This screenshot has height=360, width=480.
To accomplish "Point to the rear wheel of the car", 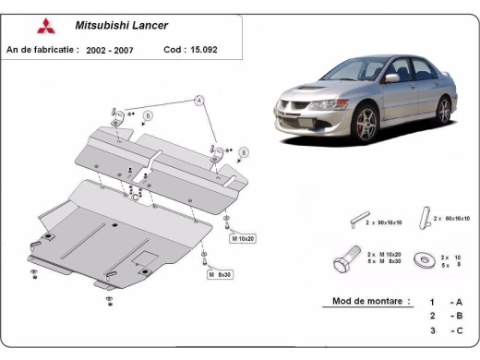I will pyautogui.click(x=444, y=110).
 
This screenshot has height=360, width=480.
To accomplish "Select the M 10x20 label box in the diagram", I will pyautogui.click(x=242, y=238).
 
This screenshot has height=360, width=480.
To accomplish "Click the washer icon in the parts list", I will pyautogui.click(x=424, y=259).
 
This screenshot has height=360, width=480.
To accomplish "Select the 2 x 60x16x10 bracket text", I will pyautogui.click(x=451, y=219).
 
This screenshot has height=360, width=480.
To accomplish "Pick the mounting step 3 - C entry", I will pyautogui.click(x=444, y=330).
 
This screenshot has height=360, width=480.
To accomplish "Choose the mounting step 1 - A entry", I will pyautogui.click(x=444, y=302).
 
